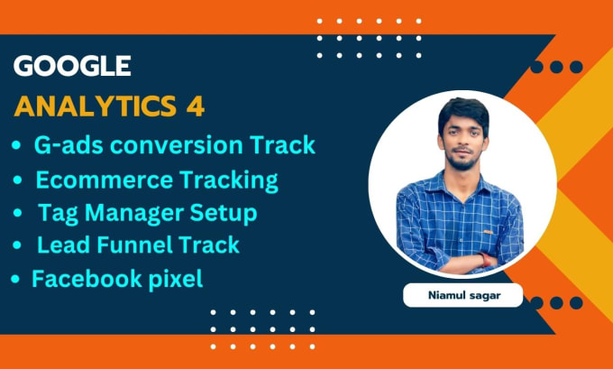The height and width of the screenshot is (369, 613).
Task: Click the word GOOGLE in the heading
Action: coord(73,66)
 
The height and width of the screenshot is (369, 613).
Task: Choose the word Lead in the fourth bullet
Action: coord(59,244)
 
